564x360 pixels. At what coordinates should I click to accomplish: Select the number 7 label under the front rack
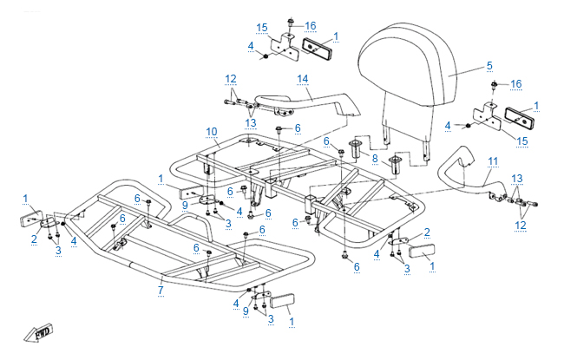pyautogui.click(x=161, y=290)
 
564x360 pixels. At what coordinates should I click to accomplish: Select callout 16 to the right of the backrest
pyautogui.click(x=516, y=83)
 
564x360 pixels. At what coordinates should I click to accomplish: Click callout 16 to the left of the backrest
pyautogui.click(x=311, y=26)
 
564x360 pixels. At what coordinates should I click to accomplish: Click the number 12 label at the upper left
pyautogui.click(x=230, y=79)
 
